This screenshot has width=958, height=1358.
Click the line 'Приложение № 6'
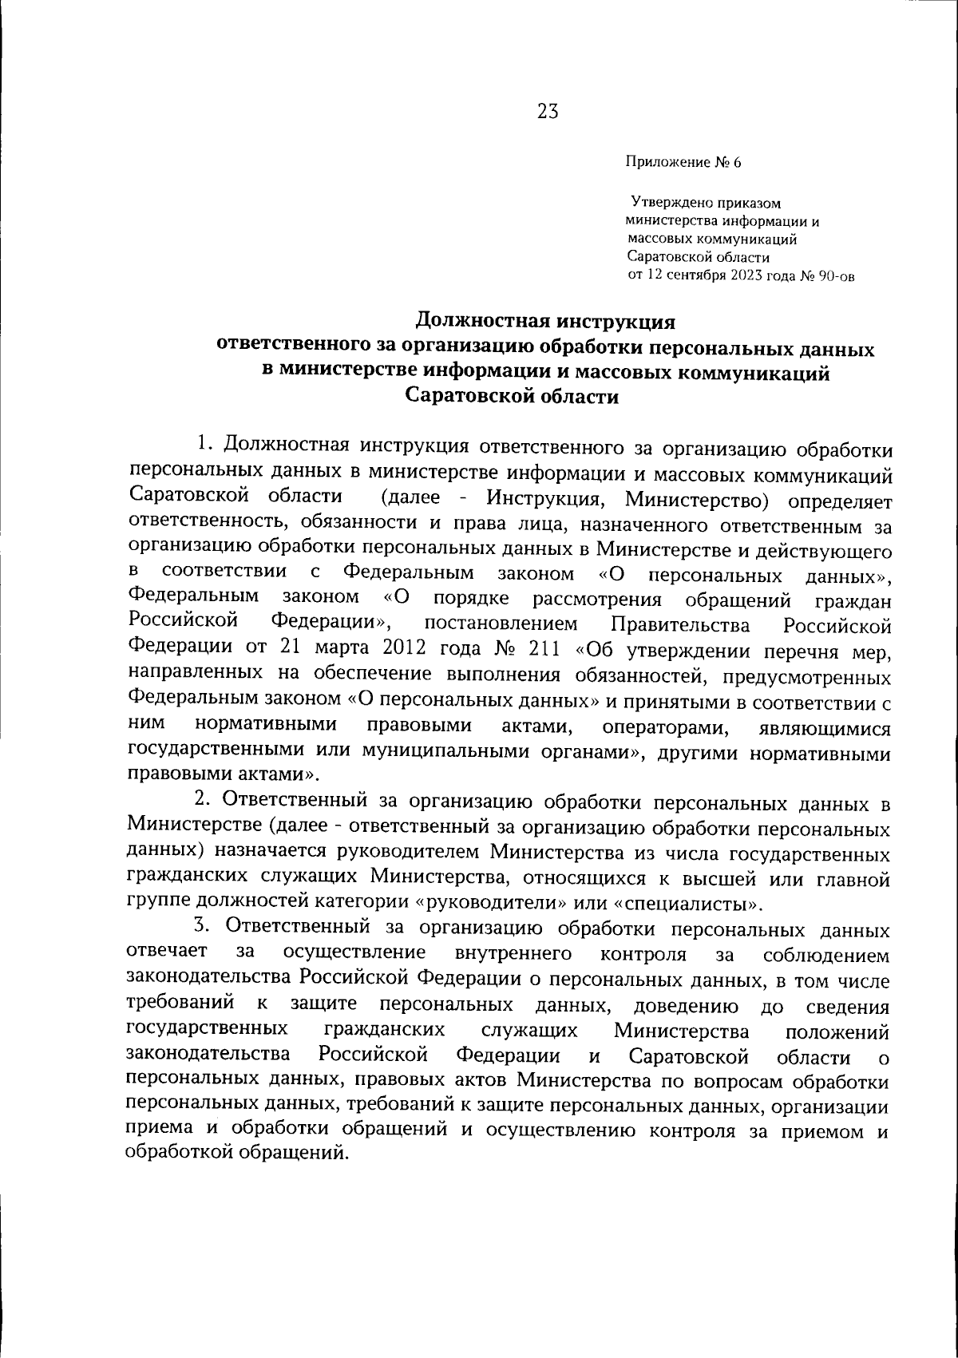coord(683,163)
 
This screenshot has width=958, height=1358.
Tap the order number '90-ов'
coord(837,276)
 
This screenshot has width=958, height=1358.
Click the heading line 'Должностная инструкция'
coord(547,322)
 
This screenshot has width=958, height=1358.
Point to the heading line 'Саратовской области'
coord(512,396)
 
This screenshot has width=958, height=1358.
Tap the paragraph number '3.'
coord(204,927)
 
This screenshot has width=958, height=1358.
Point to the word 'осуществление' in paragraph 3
coord(353,954)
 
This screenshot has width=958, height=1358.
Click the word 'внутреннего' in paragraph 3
coord(513,954)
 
